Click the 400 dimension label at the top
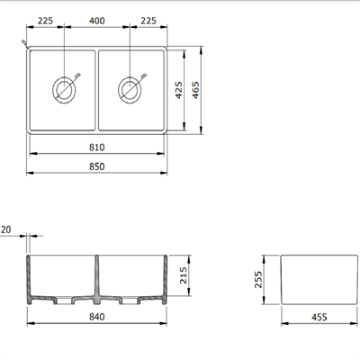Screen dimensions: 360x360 99,22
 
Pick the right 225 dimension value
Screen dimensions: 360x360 149,22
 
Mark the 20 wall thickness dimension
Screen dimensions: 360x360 8,230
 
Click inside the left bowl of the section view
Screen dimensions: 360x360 63,274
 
